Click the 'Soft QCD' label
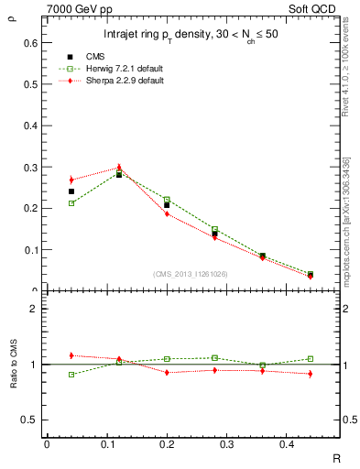(319, 7)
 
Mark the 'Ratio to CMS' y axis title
(15, 365)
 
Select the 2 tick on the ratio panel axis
(34, 309)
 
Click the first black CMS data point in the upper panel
(71, 191)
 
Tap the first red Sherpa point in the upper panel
(71, 180)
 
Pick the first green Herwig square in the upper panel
(71, 202)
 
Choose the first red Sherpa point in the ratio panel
(71, 355)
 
